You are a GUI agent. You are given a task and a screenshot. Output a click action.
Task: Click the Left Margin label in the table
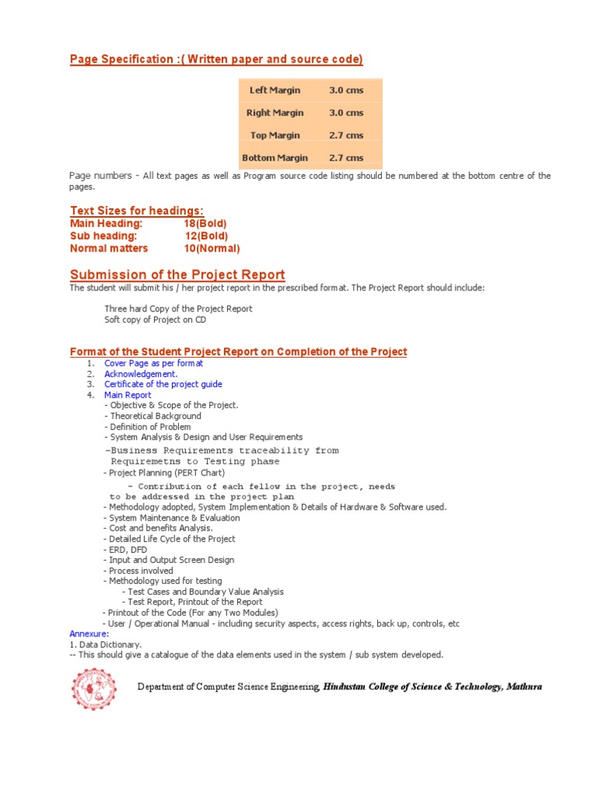tap(274, 91)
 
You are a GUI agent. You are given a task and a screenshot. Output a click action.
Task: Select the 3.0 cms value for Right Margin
tap(346, 113)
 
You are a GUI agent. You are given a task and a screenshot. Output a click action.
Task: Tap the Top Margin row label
tap(274, 136)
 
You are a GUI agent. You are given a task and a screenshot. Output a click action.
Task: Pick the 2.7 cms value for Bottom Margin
tap(346, 158)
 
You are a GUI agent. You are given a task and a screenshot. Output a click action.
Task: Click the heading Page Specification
tap(216, 60)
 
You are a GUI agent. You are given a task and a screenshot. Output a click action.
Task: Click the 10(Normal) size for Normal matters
tap(211, 249)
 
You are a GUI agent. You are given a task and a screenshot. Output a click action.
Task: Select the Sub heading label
tap(103, 236)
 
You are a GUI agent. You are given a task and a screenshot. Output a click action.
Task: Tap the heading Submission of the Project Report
tap(177, 275)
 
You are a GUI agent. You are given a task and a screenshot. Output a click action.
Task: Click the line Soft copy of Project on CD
tap(155, 320)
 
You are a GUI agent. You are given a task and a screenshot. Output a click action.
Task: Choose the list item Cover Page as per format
tap(153, 363)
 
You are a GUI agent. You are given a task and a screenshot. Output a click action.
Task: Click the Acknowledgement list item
tap(141, 374)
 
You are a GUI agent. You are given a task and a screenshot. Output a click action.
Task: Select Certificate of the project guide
tap(163, 384)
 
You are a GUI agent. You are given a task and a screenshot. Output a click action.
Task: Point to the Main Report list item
tap(128, 395)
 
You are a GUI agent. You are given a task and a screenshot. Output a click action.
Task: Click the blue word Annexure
tap(89, 633)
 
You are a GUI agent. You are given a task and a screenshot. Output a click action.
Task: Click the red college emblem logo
tap(94, 688)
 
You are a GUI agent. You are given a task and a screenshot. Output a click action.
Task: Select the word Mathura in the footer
tap(524, 687)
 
